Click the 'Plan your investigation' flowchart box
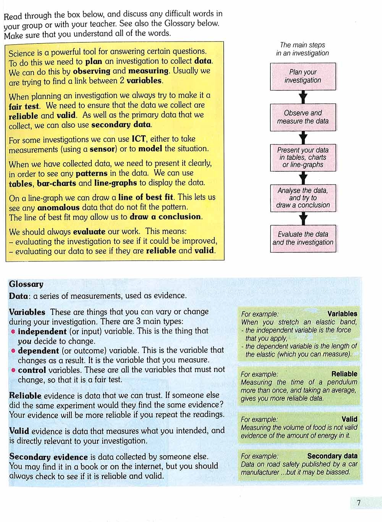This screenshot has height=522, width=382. [x=303, y=76]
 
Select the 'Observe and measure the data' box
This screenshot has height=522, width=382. [x=303, y=117]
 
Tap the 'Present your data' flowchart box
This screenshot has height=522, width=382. [x=303, y=157]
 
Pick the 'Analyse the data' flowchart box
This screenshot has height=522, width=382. [x=303, y=198]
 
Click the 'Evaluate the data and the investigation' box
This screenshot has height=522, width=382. [x=303, y=238]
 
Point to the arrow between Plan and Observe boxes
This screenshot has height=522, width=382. [x=303, y=97]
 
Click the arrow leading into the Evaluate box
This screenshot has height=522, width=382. [x=303, y=219]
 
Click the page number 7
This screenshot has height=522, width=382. [x=358, y=503]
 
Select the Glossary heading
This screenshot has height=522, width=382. [x=26, y=284]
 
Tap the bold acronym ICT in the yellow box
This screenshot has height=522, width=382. [x=138, y=139]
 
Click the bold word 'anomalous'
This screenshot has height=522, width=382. [x=58, y=208]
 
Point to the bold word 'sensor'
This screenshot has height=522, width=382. [x=102, y=149]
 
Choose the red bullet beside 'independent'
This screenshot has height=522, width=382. [x=13, y=332]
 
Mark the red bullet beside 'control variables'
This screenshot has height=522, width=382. [x=13, y=370]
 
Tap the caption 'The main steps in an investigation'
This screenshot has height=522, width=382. [x=303, y=49]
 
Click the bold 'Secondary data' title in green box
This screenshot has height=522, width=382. [x=332, y=456]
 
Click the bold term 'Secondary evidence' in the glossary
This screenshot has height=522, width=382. [x=49, y=457]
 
